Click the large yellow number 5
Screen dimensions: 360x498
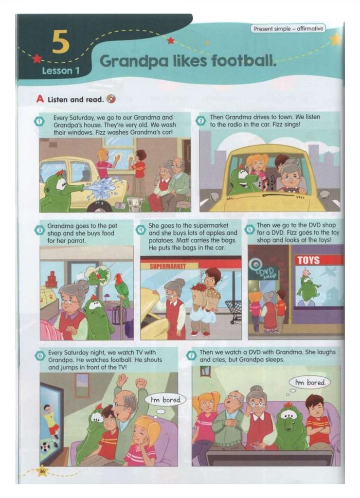pos(60,42)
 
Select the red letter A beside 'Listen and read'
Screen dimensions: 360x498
pos(40,99)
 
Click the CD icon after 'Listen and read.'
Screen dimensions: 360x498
pos(111,99)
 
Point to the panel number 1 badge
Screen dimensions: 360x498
pos(38,121)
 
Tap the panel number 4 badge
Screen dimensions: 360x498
pos(141,230)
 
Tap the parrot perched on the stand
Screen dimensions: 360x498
pos(121,290)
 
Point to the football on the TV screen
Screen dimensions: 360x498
pos(45,447)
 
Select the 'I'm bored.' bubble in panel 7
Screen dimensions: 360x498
pos(310,382)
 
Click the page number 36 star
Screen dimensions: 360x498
pos(42,472)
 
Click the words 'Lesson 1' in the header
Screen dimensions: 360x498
pos(61,71)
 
